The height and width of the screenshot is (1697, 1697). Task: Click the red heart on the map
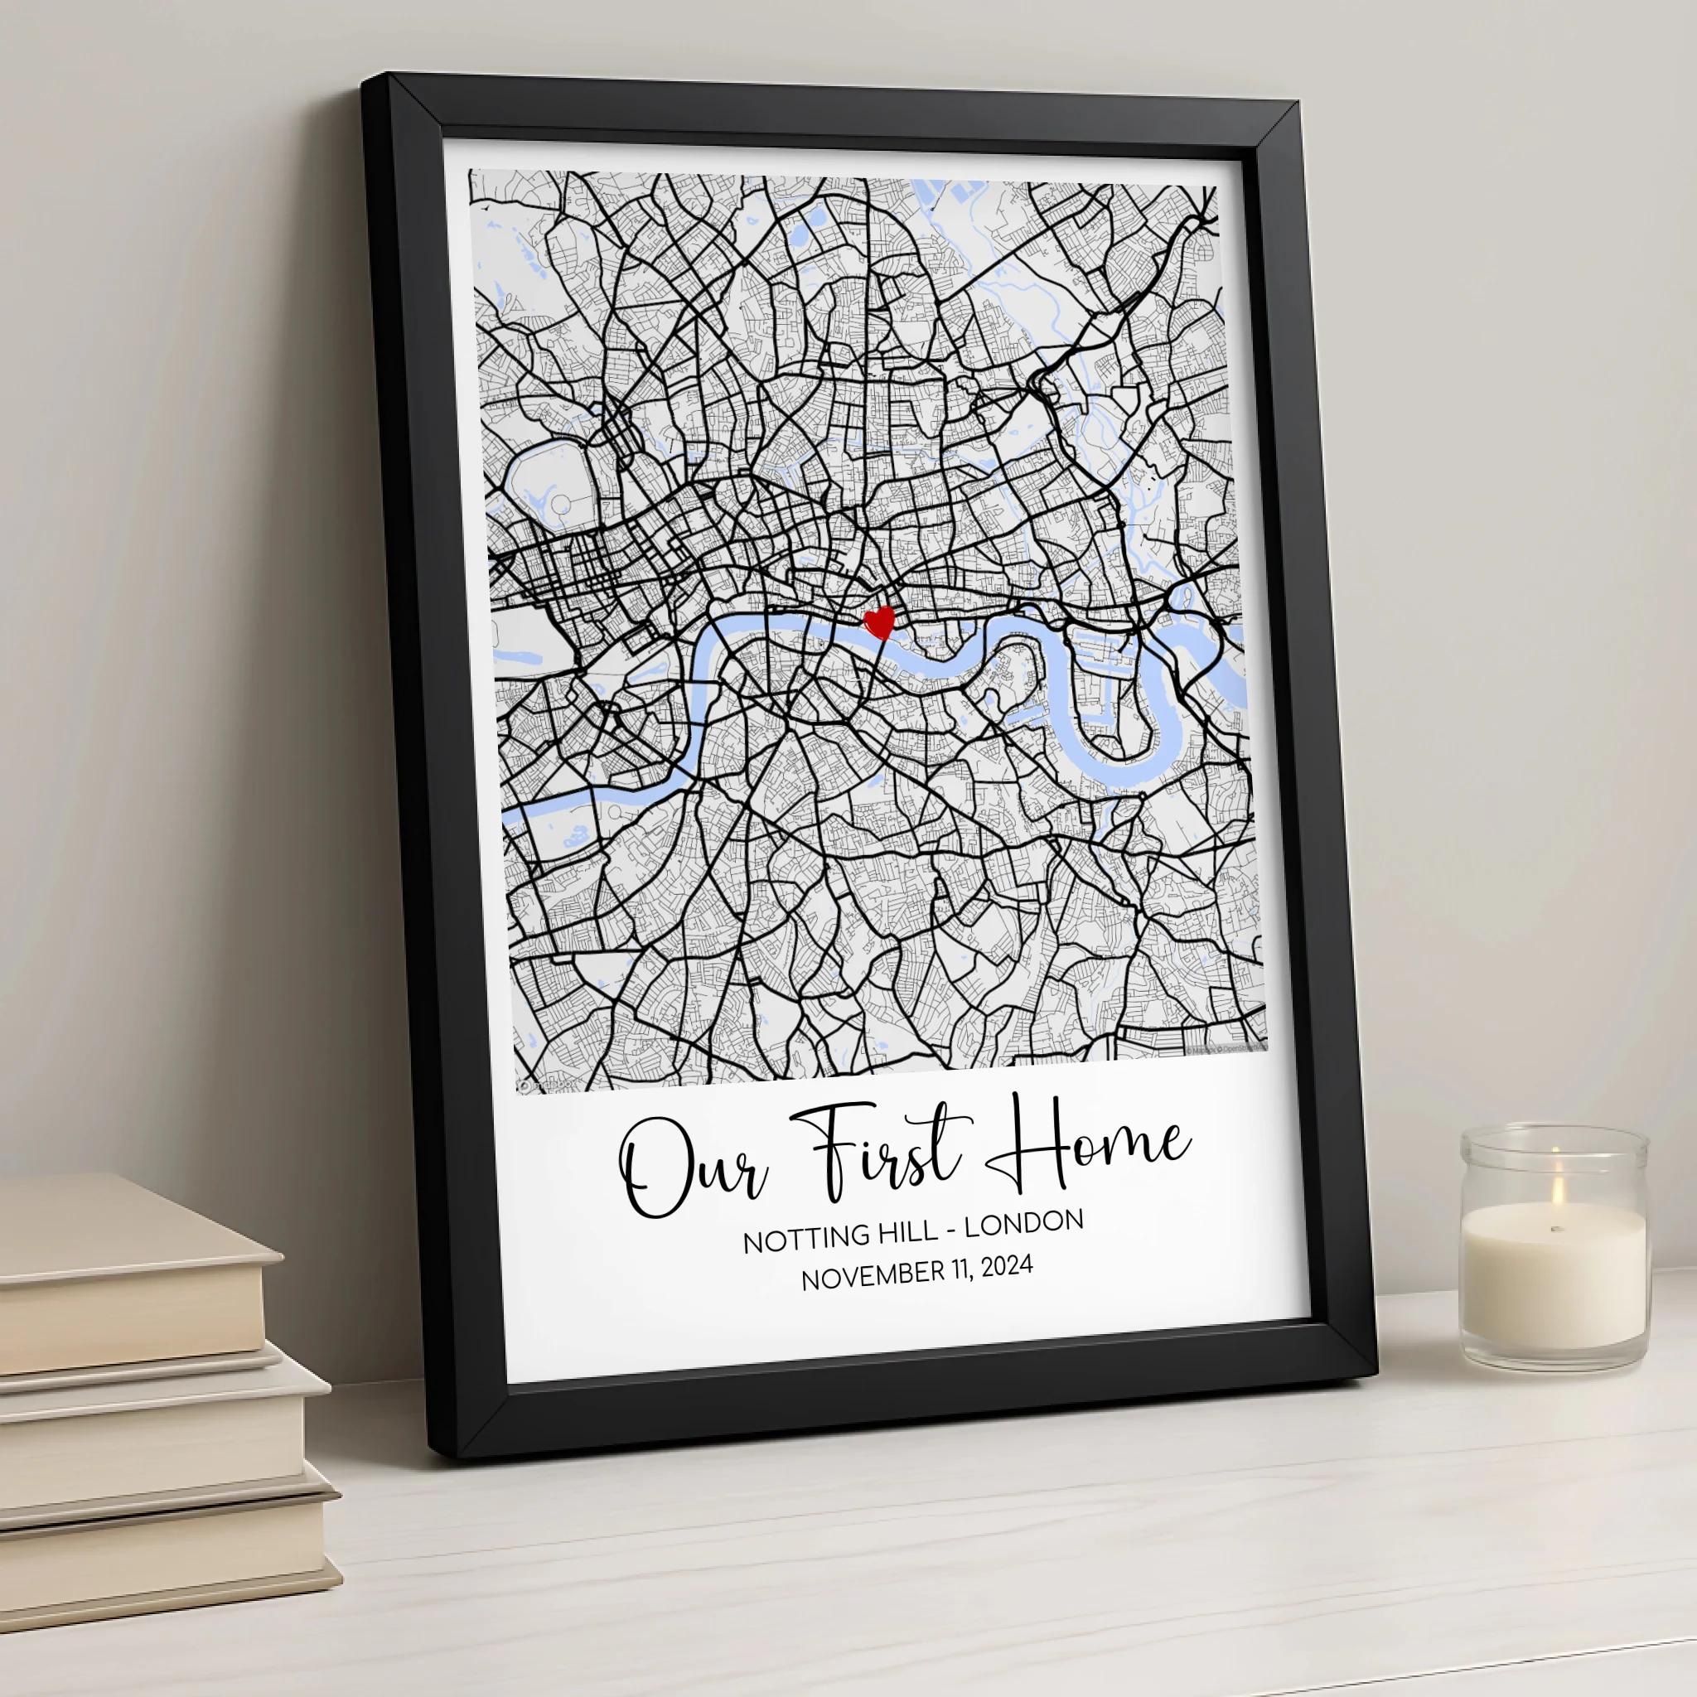click(879, 622)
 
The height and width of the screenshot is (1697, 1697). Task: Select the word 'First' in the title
click(878, 1151)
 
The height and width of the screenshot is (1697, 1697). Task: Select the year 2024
click(1007, 1268)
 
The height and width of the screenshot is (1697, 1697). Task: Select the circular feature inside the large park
click(559, 503)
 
